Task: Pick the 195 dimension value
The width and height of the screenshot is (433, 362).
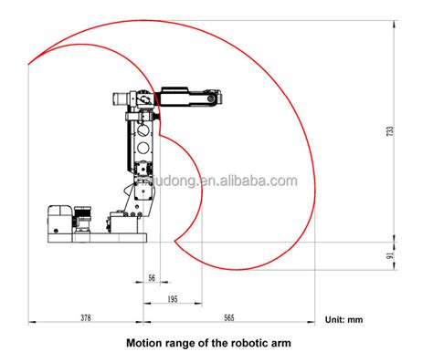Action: pyautogui.click(x=173, y=299)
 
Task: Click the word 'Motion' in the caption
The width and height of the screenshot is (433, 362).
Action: pyautogui.click(x=145, y=345)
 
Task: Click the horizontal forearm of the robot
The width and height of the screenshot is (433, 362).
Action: pyautogui.click(x=187, y=94)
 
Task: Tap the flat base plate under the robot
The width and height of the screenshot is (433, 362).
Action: pyautogui.click(x=91, y=243)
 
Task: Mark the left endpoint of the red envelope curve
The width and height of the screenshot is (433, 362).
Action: pyautogui.click(x=29, y=62)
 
